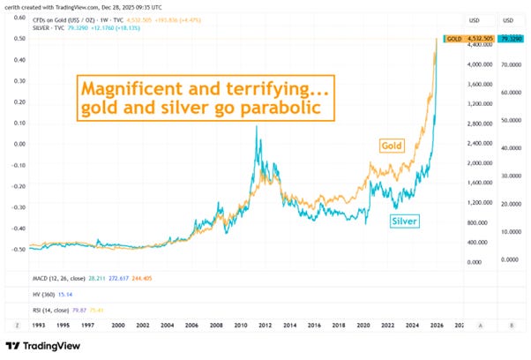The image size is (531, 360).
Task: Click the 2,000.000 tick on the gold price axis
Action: [481, 163]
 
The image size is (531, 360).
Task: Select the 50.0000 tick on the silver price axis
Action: [511, 119]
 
